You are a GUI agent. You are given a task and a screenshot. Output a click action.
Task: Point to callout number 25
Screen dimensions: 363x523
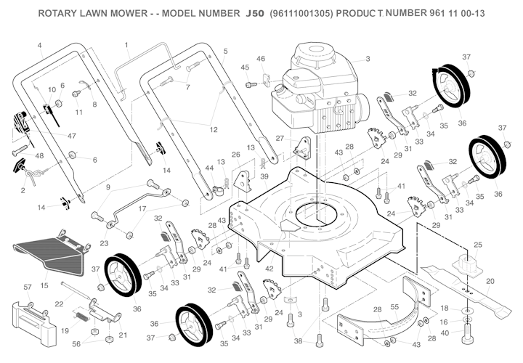(477, 244)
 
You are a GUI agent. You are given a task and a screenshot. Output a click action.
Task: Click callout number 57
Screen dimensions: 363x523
(28, 287)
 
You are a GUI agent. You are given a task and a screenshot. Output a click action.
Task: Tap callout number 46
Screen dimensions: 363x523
(261, 59)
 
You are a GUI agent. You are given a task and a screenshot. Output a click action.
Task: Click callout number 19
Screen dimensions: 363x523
(64, 330)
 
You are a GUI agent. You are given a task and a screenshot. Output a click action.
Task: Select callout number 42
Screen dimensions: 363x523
(270, 269)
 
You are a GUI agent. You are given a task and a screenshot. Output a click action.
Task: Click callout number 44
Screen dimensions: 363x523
(209, 168)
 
